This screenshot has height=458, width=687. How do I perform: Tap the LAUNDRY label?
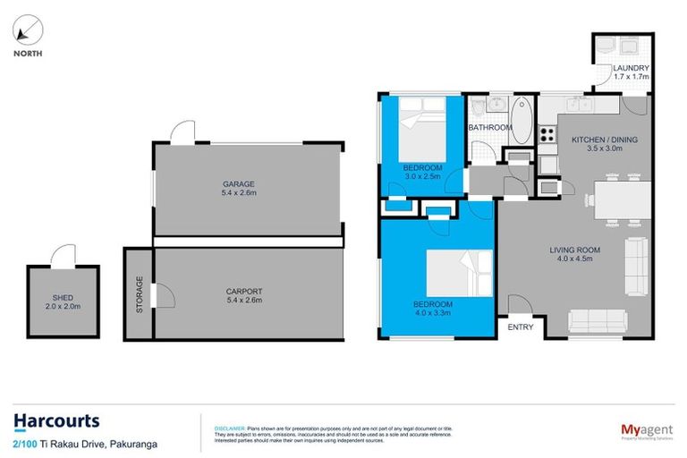631,70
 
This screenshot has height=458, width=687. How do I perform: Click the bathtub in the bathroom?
522,118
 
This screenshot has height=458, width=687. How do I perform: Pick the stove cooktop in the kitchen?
546,134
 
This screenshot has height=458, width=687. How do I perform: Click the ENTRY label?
520,327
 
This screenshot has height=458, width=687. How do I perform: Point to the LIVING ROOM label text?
574,250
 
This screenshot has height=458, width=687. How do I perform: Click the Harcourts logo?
56,420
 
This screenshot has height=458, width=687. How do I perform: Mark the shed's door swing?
63,257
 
